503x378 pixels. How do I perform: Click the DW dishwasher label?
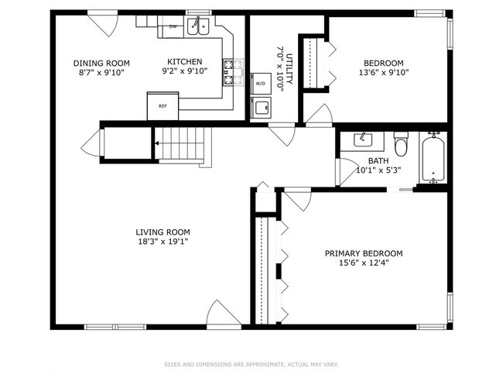[x=173, y=26]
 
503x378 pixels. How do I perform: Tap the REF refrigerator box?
[x=163, y=106]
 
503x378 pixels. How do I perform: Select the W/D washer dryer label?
[x=260, y=84]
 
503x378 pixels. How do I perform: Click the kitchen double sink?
[x=198, y=26]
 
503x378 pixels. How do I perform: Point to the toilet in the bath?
[x=401, y=144]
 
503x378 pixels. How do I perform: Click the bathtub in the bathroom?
[x=433, y=158]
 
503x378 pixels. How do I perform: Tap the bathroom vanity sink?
[x=362, y=140]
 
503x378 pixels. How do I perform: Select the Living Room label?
[x=163, y=232]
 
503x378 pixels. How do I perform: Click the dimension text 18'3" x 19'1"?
[x=163, y=242]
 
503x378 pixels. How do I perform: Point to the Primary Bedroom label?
[x=364, y=253]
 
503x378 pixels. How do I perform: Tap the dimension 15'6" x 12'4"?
[x=364, y=263]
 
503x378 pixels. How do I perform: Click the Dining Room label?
[x=101, y=63]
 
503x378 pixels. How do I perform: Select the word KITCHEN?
[x=185, y=61]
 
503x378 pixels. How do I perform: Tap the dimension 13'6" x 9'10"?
[x=384, y=73]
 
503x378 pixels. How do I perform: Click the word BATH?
[x=378, y=160]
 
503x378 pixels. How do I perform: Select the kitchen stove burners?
[x=234, y=73]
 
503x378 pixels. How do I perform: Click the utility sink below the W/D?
[x=261, y=107]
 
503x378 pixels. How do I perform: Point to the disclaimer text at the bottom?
[x=251, y=365]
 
